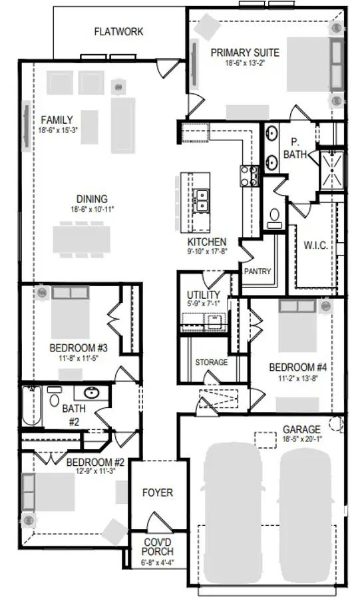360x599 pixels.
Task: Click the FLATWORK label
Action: click(118, 31)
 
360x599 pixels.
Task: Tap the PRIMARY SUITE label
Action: click(245, 53)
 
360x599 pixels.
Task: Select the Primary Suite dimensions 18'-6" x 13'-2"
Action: click(245, 64)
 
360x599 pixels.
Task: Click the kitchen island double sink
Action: click(200, 200)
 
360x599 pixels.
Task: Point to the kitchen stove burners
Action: click(248, 176)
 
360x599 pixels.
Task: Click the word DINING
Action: click(92, 199)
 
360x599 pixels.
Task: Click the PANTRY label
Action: click(256, 272)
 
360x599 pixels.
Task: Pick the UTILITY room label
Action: click(202, 294)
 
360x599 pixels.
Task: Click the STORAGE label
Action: click(211, 362)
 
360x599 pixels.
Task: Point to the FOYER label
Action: click(158, 493)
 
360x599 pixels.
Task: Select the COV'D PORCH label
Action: click(158, 547)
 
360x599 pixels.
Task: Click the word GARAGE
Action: click(301, 429)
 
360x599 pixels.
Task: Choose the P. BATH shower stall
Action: click(331, 172)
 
